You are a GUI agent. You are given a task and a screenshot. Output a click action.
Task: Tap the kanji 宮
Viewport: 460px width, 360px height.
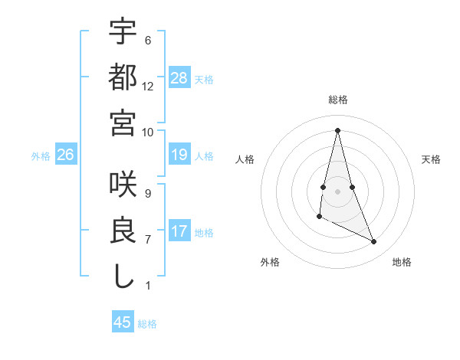[123, 122]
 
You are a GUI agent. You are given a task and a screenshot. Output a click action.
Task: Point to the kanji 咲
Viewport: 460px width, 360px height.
[123, 185]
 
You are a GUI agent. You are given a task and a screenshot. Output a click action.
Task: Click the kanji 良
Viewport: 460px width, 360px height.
[123, 230]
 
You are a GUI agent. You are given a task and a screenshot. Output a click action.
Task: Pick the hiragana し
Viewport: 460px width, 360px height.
[123, 275]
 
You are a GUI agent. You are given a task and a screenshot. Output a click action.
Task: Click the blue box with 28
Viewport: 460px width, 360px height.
[179, 77]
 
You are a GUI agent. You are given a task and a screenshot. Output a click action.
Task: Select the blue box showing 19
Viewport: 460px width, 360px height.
[179, 155]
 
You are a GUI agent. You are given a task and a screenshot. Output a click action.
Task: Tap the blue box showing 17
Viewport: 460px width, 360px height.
[179, 231]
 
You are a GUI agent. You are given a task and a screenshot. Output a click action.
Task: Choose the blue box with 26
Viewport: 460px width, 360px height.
[66, 155]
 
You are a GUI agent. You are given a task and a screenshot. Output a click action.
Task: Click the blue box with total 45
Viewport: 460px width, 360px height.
[123, 322]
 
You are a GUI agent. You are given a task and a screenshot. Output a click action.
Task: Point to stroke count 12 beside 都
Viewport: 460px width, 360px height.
[148, 86]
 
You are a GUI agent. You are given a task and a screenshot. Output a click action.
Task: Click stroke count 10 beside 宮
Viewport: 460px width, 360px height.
[148, 131]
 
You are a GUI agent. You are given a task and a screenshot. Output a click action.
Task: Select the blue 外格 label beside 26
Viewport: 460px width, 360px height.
[41, 156]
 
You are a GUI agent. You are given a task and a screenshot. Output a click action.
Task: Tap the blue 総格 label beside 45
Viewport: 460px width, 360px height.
[147, 324]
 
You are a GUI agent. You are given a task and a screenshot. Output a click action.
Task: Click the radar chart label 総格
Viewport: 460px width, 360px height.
[338, 100]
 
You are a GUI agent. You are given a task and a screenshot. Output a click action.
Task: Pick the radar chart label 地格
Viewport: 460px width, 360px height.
[402, 262]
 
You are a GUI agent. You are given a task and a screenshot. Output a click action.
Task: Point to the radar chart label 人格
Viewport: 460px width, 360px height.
[245, 159]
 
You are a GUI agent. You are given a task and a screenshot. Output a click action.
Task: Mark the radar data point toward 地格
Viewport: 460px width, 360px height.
[374, 242]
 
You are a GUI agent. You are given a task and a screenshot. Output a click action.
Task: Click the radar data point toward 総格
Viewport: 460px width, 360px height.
[337, 130]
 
